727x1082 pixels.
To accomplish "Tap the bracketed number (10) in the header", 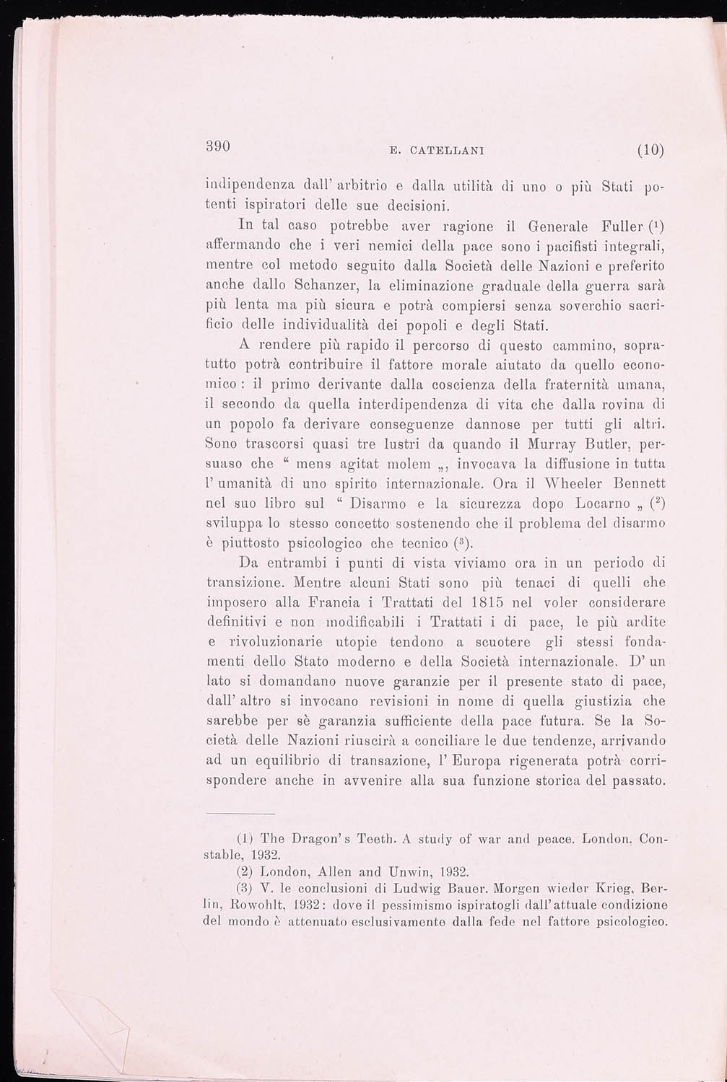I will point(650,151).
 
